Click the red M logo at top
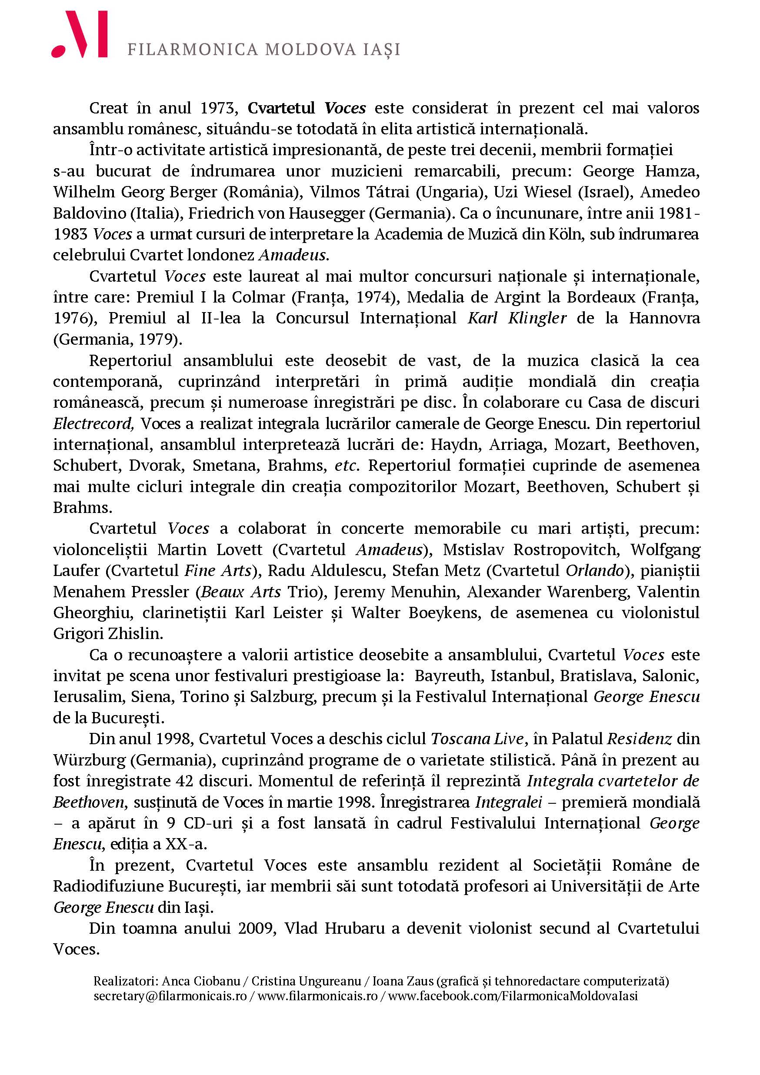point(80,35)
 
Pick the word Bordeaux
point(601,297)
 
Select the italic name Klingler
point(537,318)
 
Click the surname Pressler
point(160,592)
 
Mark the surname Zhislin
point(136,634)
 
